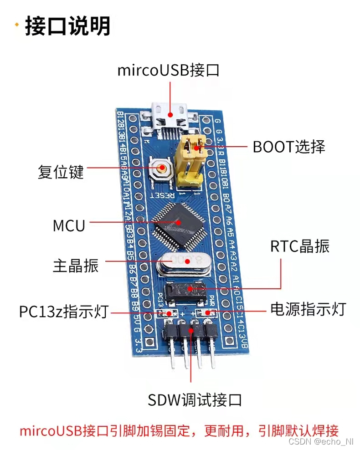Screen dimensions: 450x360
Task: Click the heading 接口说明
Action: click(x=67, y=26)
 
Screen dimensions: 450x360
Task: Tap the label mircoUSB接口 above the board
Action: click(x=168, y=71)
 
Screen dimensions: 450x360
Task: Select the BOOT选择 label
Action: click(x=289, y=147)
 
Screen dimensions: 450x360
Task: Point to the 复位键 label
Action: click(x=61, y=173)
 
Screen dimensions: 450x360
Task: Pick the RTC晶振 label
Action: click(x=299, y=246)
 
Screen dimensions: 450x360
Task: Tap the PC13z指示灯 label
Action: click(x=64, y=312)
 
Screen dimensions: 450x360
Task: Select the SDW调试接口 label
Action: click(x=195, y=400)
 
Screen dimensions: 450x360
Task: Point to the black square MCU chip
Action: click(x=178, y=222)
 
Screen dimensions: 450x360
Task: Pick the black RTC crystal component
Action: click(x=185, y=291)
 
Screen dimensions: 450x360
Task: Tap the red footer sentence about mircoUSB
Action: click(x=179, y=430)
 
